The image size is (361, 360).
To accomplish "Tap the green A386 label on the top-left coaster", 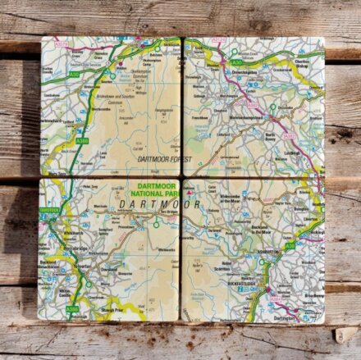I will [82, 141].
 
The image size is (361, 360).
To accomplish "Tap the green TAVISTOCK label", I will [48, 211].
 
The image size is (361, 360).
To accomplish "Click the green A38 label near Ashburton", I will [290, 246].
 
